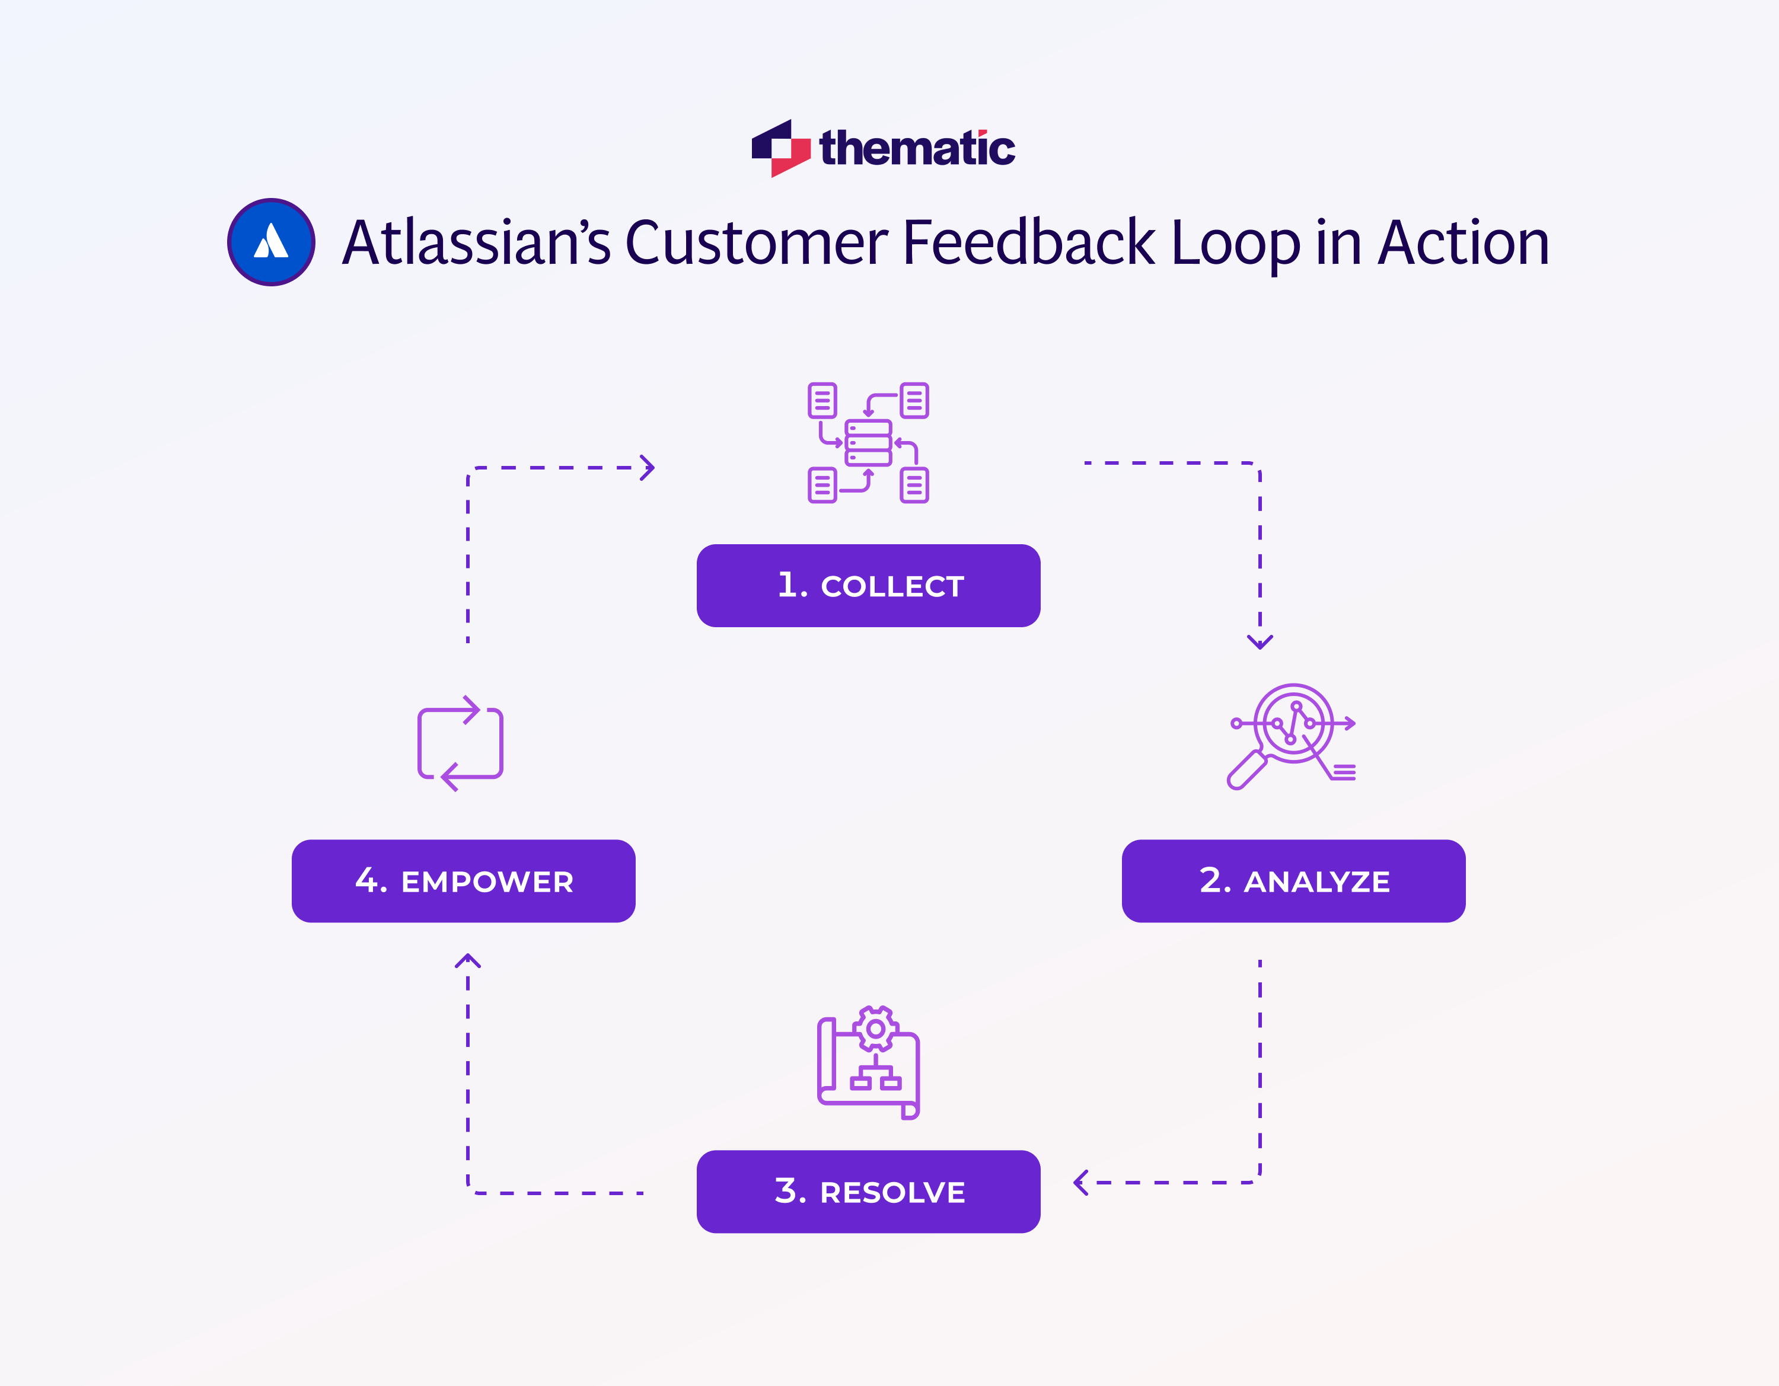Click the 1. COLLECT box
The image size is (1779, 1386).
pyautogui.click(x=868, y=586)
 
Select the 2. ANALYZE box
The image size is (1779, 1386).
pyautogui.click(x=1293, y=881)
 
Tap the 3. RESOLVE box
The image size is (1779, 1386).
pyautogui.click(x=868, y=1192)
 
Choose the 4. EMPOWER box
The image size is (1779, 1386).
pyautogui.click(x=464, y=881)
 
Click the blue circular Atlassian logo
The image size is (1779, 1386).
pyautogui.click(x=271, y=242)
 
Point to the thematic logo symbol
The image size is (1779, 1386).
pyautogui.click(x=780, y=148)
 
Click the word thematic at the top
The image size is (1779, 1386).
pyautogui.click(x=917, y=148)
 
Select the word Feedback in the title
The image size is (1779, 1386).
pyautogui.click(x=1029, y=242)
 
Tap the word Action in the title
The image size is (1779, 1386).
pyautogui.click(x=1463, y=242)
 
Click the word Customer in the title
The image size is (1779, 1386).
pyautogui.click(x=756, y=242)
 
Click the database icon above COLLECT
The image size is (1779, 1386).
pyautogui.click(x=868, y=442)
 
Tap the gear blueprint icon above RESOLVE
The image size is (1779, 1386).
pyautogui.click(x=868, y=1063)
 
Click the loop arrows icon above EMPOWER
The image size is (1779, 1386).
pyautogui.click(x=460, y=743)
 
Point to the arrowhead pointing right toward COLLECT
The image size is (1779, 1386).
pyautogui.click(x=648, y=467)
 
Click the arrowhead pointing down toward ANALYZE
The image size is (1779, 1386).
pyautogui.click(x=1260, y=641)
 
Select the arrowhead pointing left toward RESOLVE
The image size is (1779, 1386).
pyautogui.click(x=1081, y=1183)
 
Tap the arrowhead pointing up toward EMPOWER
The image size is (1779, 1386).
pyautogui.click(x=467, y=961)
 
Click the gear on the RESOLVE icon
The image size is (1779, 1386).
pyautogui.click(x=876, y=1029)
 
